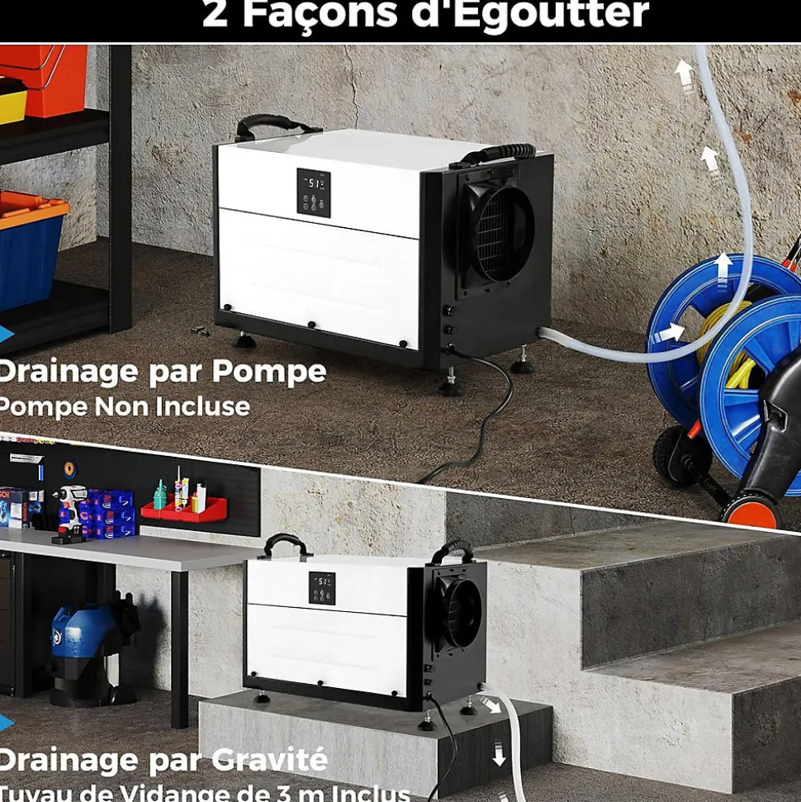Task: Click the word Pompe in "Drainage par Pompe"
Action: (x=269, y=373)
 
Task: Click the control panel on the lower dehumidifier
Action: (x=322, y=587)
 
